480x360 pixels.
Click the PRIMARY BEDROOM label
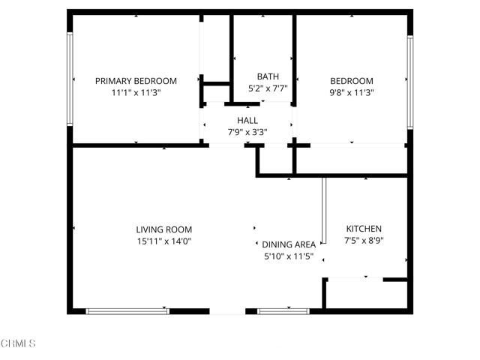tap(136, 81)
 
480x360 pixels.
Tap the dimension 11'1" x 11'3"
tap(136, 92)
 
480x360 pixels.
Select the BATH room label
tap(268, 76)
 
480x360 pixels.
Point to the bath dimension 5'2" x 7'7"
tap(268, 88)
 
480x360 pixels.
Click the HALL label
tap(247, 120)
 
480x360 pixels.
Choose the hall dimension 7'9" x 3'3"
tap(247, 131)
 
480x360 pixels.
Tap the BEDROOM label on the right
tap(352, 81)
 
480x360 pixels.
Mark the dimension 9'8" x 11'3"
tap(352, 92)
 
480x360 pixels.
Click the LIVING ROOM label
tap(163, 229)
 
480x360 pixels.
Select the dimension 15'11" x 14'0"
tap(163, 241)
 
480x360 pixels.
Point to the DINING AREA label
tap(288, 244)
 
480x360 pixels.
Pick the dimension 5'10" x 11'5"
tap(288, 256)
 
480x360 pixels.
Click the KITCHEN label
tap(364, 229)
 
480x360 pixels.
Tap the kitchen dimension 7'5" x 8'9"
tap(364, 241)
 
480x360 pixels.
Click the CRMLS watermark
tap(18, 343)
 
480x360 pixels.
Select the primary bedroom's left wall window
tap(70, 79)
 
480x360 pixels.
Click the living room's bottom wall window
tap(127, 310)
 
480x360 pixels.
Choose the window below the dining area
tap(283, 310)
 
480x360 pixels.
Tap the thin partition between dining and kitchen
tap(324, 210)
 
